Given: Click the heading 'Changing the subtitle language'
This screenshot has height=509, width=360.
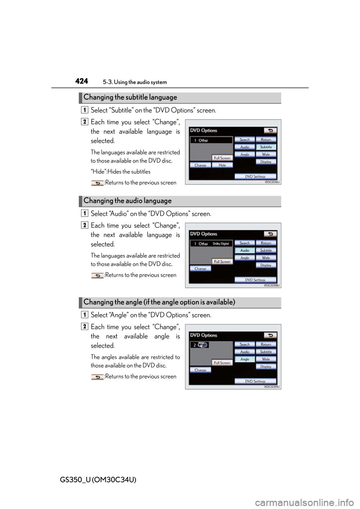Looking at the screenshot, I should (x=130, y=97).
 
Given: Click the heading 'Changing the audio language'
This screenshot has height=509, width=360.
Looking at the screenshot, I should (x=127, y=201).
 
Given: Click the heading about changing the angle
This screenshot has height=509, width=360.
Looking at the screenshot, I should (x=159, y=302).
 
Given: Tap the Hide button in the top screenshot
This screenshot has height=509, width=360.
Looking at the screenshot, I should (x=222, y=165).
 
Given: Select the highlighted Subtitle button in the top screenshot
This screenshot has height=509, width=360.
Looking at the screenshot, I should (x=266, y=147).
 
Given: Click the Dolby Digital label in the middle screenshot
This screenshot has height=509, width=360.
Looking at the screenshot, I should (x=220, y=244).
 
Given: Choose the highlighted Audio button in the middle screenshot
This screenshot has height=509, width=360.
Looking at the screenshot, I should (x=244, y=250).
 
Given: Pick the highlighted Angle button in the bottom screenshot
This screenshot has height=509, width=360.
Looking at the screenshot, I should (x=244, y=359).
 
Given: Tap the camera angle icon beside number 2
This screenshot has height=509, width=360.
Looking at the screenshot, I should (x=202, y=345).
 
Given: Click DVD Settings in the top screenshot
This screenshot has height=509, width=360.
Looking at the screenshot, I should (x=255, y=177).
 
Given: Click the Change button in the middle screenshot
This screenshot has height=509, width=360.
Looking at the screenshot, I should (x=200, y=269).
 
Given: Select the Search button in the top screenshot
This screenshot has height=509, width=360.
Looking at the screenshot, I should (x=244, y=139).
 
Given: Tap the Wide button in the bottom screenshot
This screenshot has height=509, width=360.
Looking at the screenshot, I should (x=266, y=359).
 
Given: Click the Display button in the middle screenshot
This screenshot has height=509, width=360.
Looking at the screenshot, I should (x=266, y=265).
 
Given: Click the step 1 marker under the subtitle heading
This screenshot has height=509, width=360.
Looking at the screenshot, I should (x=85, y=110).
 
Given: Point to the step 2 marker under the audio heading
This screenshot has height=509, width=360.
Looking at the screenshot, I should (x=85, y=225).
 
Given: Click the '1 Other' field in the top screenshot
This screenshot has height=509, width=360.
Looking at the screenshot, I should (x=211, y=141).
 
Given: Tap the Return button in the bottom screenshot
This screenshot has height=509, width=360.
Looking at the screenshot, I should (x=266, y=344).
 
